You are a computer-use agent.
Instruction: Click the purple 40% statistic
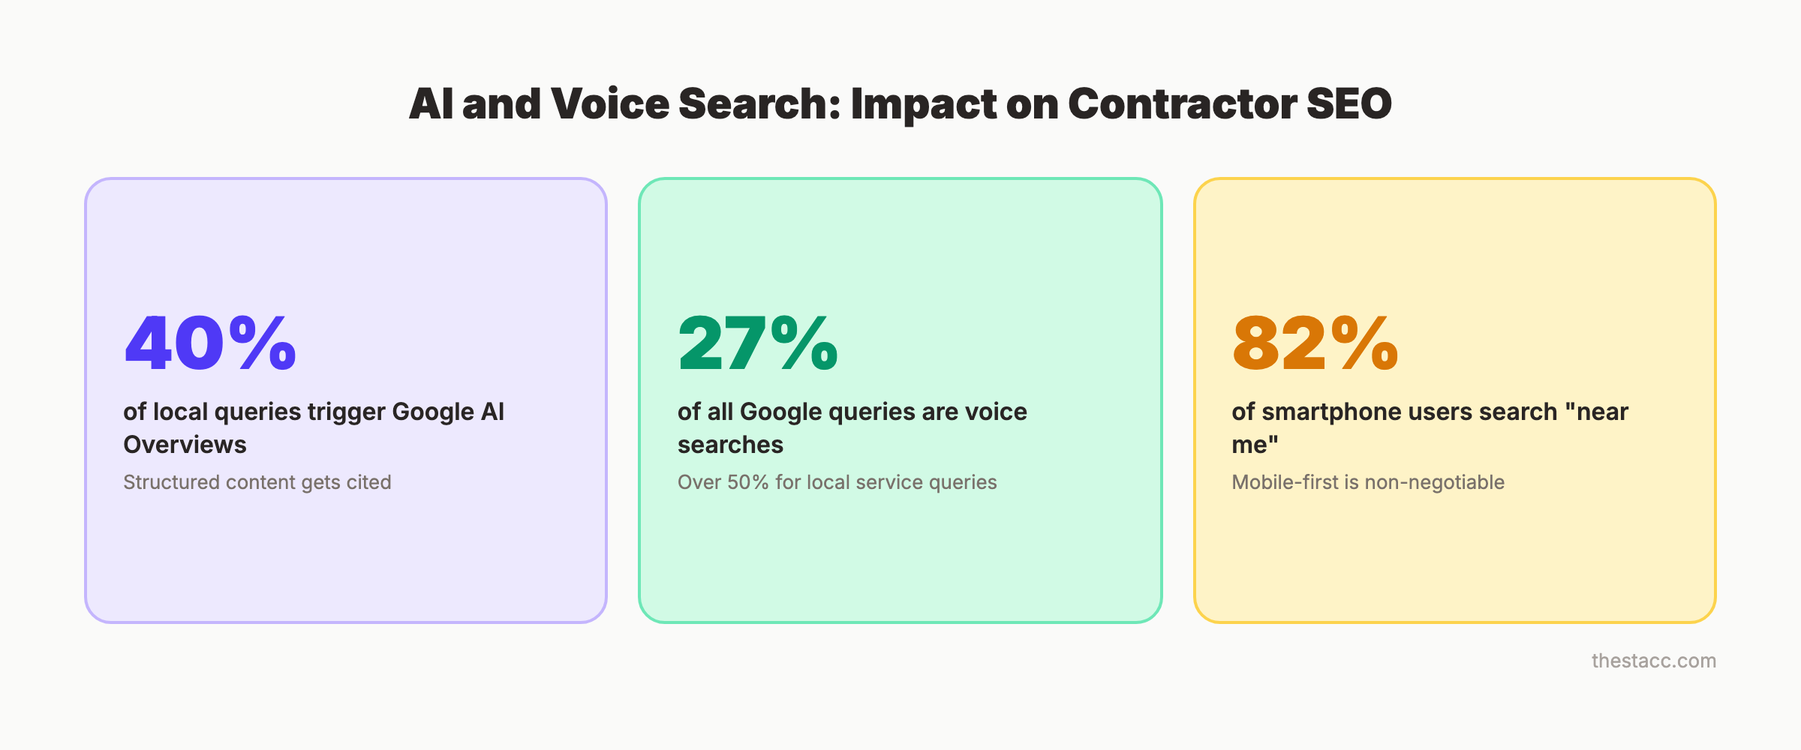tap(210, 343)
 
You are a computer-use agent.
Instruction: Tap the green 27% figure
tap(757, 343)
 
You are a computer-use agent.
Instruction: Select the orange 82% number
tap(1315, 343)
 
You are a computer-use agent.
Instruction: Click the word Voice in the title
tap(609, 103)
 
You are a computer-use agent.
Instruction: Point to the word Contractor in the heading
tap(1182, 103)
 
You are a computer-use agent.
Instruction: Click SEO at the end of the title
tap(1348, 103)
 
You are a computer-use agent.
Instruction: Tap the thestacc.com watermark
tap(1653, 661)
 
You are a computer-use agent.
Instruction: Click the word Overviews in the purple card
tap(185, 445)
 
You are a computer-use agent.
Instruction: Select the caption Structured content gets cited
tap(257, 482)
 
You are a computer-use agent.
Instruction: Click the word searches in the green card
tap(730, 445)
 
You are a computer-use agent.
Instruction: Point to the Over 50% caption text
tap(837, 482)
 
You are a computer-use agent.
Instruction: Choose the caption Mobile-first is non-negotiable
tap(1367, 482)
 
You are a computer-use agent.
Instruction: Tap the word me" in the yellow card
tap(1255, 445)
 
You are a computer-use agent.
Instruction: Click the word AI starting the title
tap(431, 103)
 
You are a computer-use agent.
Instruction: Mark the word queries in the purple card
tap(257, 412)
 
